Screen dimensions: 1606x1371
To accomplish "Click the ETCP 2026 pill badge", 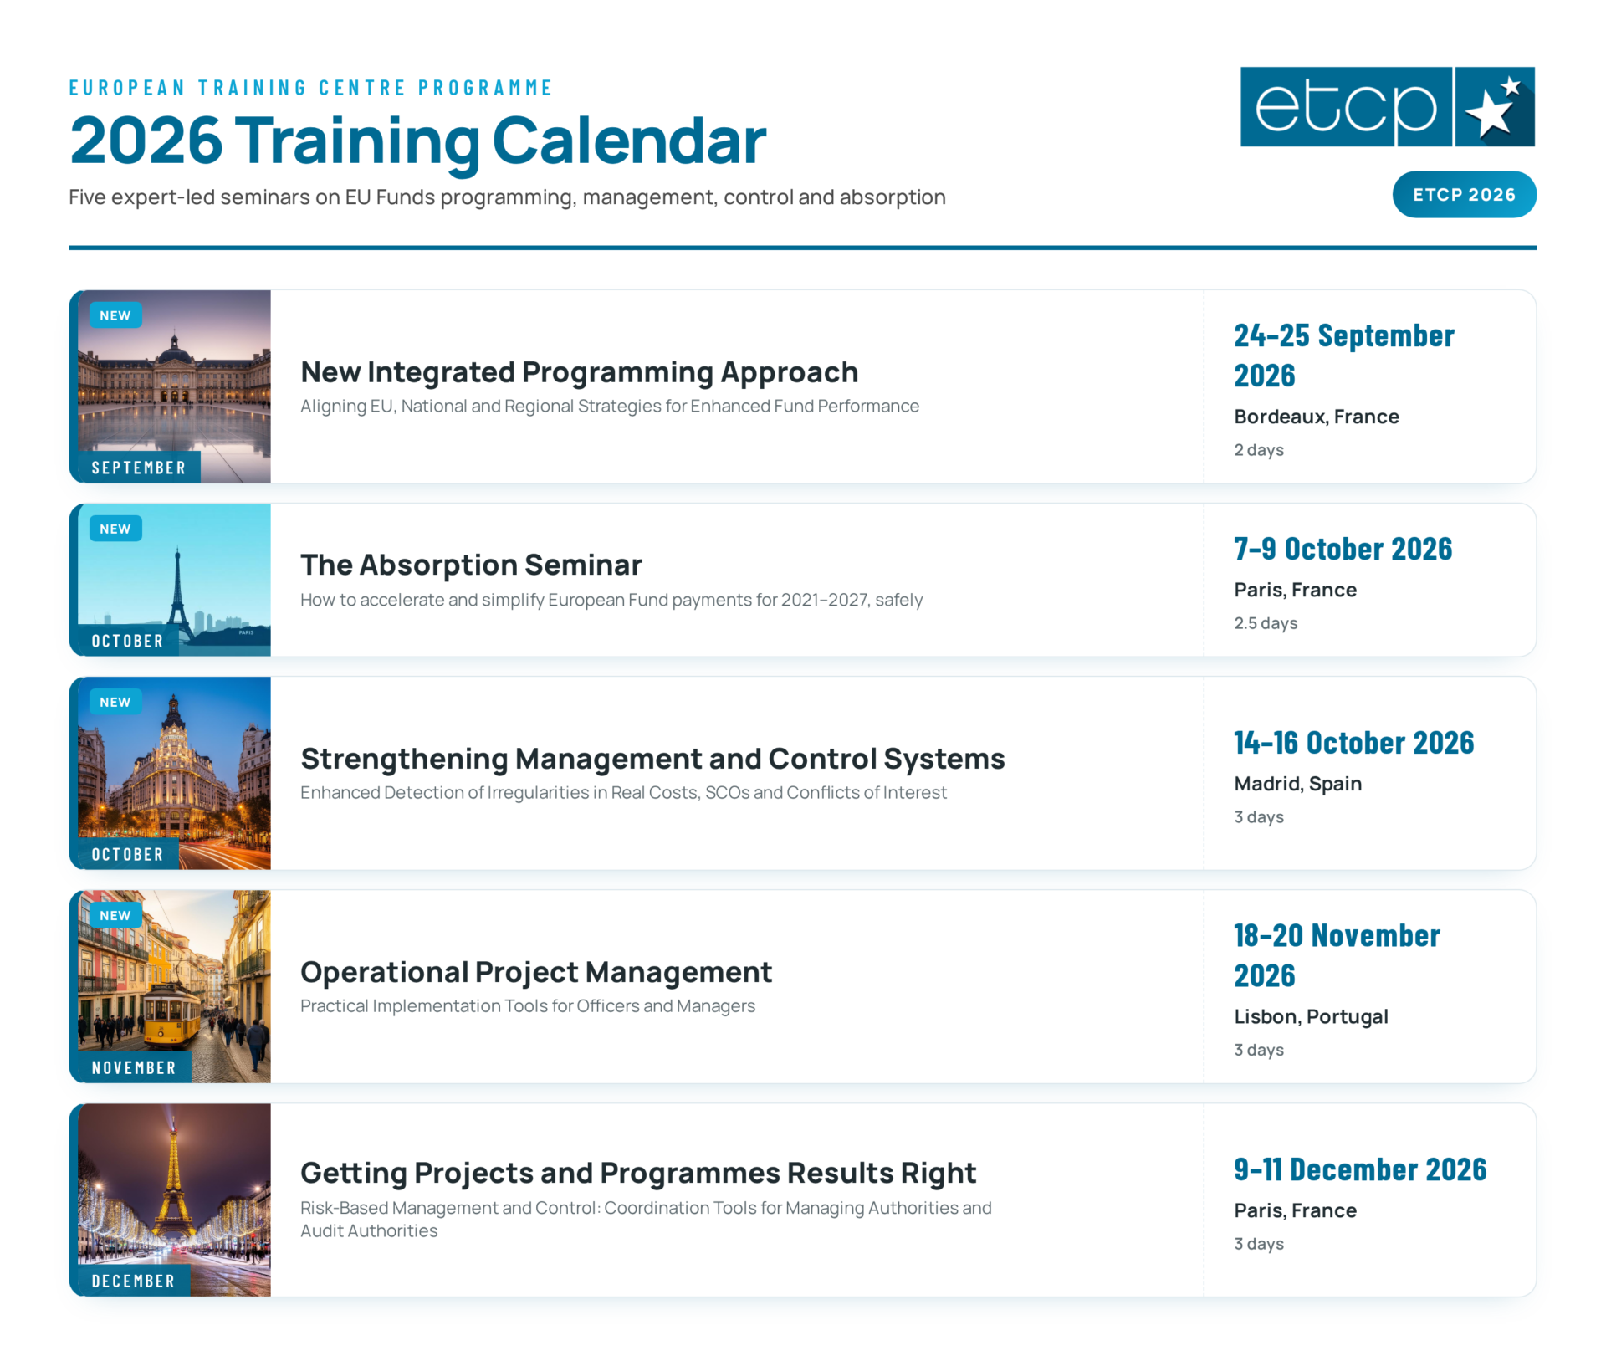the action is tap(1464, 195).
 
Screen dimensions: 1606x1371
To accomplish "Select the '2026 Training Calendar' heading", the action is tap(417, 141).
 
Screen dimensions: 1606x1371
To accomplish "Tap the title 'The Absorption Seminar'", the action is tap(471, 565).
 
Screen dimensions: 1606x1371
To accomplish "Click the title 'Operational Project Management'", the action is tap(536, 972).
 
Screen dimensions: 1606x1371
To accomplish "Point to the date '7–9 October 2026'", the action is tap(1343, 549).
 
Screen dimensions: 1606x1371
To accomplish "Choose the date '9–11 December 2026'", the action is tap(1360, 1169).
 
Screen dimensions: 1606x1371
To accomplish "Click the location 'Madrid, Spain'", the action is tap(1297, 784).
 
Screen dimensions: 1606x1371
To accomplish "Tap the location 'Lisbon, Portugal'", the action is tap(1311, 1016).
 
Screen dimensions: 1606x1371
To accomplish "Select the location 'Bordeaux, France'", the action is tap(1317, 417).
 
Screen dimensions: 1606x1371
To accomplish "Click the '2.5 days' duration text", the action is tap(1266, 623).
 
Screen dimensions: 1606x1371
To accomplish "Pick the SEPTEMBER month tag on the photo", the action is tap(139, 468).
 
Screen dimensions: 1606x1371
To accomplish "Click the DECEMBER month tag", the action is tap(134, 1281).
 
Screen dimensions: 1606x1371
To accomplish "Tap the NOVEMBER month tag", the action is tap(134, 1067).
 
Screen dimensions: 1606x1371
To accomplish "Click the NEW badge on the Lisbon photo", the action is tap(115, 915).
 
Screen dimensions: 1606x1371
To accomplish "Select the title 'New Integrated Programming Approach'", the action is tap(580, 372).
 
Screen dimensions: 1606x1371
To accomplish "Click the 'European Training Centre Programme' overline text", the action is tap(311, 88).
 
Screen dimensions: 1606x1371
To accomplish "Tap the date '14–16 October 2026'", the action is tap(1353, 743).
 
